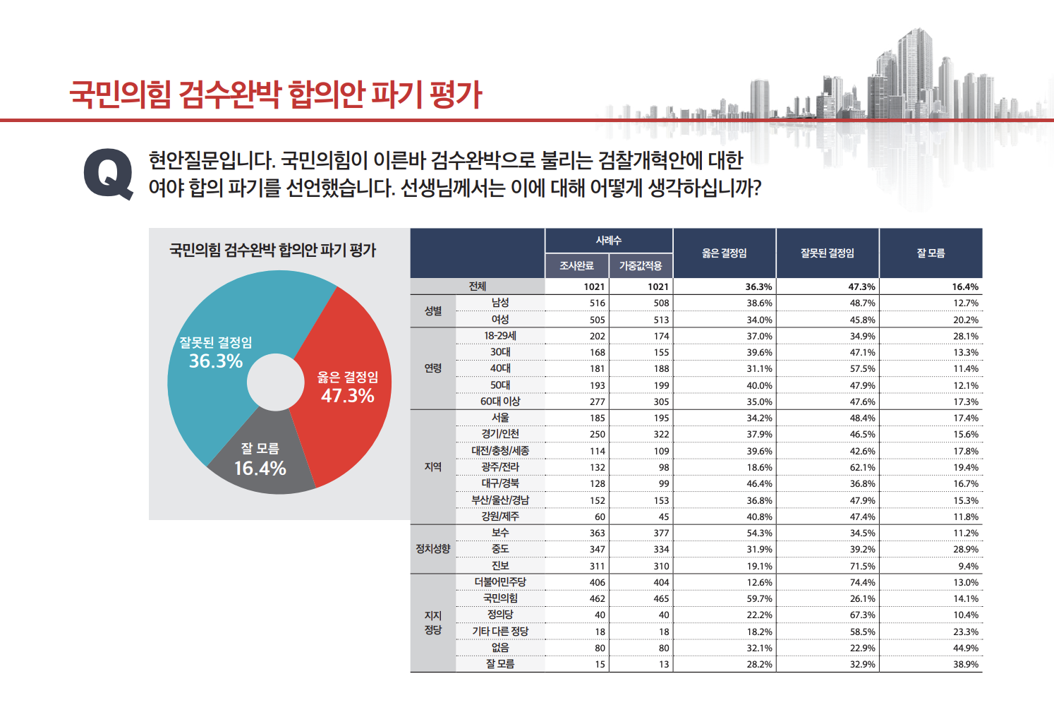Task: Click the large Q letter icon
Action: point(108,174)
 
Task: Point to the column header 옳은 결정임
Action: point(724,253)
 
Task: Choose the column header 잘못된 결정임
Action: point(827,253)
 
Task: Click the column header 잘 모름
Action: point(930,253)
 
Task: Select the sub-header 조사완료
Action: point(576,266)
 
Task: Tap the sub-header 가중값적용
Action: point(641,266)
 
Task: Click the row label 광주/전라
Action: point(500,467)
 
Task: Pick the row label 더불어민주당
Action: point(500,582)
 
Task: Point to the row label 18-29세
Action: point(500,336)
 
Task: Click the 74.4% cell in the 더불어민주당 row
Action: point(862,583)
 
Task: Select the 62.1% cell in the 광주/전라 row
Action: point(862,468)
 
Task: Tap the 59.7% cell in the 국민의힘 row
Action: point(759,599)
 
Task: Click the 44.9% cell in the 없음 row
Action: point(965,648)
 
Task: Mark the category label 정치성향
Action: point(432,549)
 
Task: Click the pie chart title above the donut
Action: point(273,250)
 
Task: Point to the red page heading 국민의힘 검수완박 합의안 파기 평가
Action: point(275,94)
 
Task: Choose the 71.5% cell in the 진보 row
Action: point(862,567)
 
